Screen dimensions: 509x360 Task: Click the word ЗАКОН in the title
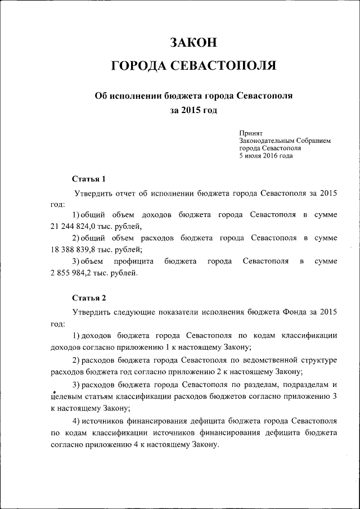point(193,43)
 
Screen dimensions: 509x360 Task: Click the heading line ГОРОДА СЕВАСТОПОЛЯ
point(193,66)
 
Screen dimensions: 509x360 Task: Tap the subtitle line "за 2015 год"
point(193,110)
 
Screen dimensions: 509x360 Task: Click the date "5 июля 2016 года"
point(265,156)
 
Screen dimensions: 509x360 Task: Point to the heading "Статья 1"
point(89,179)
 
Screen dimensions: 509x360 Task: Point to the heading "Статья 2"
point(89,297)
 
